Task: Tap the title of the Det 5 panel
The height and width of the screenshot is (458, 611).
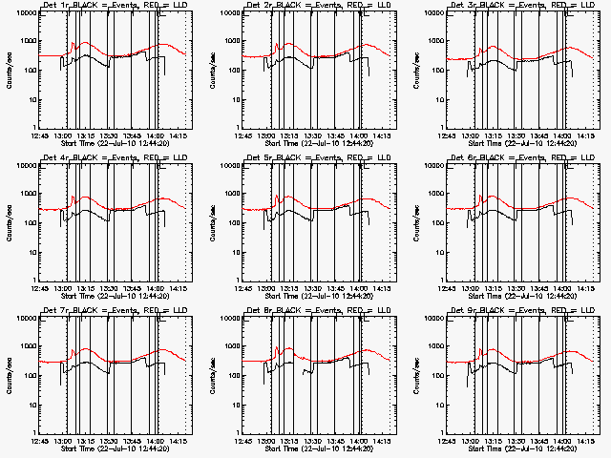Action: point(317,159)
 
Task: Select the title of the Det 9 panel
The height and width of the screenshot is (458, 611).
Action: point(521,312)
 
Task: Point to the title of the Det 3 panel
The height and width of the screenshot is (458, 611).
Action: point(521,7)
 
